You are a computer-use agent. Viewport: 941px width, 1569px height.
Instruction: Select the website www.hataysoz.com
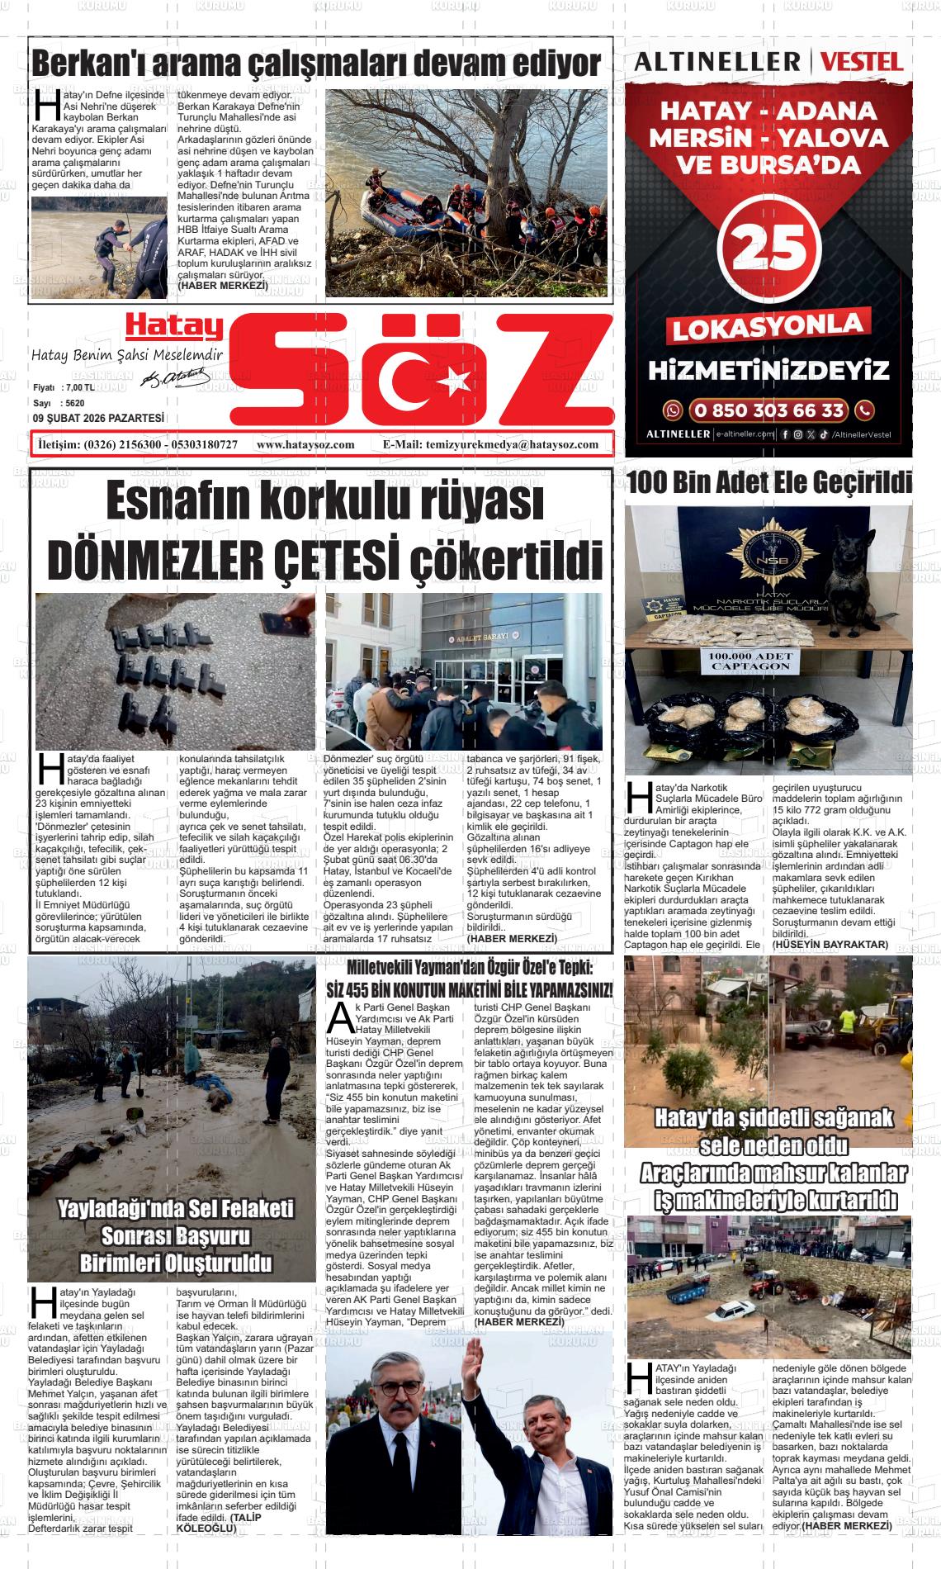305,444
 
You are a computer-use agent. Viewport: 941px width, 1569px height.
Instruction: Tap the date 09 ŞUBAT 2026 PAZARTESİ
98,419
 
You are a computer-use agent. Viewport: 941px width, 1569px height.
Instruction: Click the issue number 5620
75,403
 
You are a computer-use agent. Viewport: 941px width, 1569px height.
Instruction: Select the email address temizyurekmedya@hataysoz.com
513,444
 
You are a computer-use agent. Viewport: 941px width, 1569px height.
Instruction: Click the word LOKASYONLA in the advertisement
768,328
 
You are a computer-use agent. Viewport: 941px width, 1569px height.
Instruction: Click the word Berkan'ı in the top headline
90,63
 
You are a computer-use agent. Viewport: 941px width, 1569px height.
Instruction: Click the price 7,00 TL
78,388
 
